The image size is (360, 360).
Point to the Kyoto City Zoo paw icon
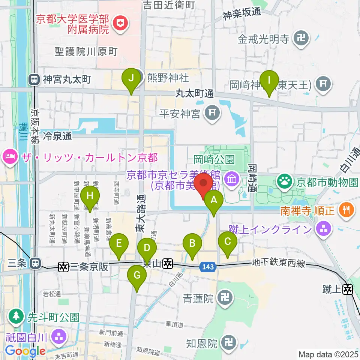point(285,182)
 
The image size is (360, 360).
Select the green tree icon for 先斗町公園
point(16,316)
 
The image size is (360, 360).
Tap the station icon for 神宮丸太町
point(34,79)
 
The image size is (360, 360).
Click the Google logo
point(25,351)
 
